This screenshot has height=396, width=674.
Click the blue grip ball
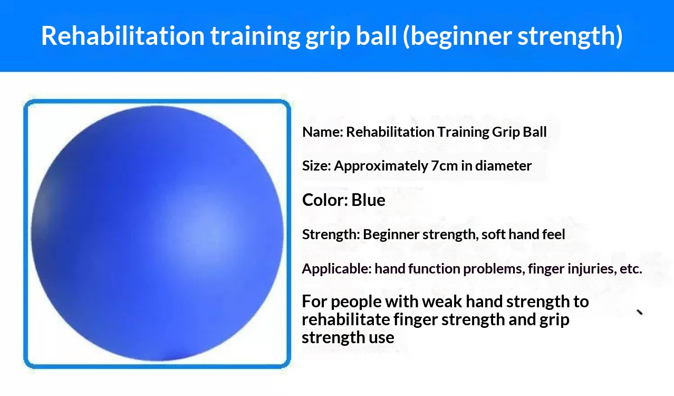tap(157, 233)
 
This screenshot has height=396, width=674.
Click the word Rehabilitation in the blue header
tap(123, 36)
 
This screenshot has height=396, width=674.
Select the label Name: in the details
tap(323, 132)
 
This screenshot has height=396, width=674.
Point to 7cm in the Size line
tap(444, 166)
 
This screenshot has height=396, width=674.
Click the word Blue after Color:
tap(368, 200)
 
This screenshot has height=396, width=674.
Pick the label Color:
tap(325, 200)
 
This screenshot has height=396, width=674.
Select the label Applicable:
tap(336, 269)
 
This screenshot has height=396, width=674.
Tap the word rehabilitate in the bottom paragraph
tap(346, 319)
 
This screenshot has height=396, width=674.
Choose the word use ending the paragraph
tap(382, 338)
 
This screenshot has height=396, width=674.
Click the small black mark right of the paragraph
tap(639, 312)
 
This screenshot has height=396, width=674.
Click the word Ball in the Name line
tap(535, 132)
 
